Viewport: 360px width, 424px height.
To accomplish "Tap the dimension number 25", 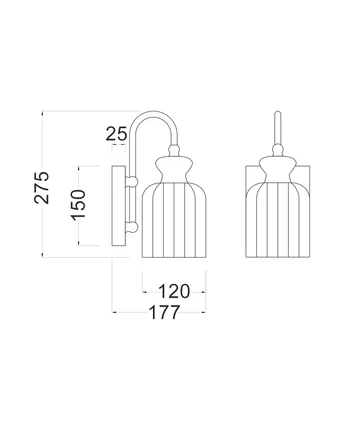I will tap(118, 132).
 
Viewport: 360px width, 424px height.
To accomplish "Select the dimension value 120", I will tap(174, 292).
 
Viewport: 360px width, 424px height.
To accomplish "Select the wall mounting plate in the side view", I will tap(123, 204).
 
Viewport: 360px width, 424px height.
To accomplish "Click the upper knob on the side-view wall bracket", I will tap(131, 178).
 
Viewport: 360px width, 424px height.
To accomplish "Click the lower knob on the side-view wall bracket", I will tap(131, 232).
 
